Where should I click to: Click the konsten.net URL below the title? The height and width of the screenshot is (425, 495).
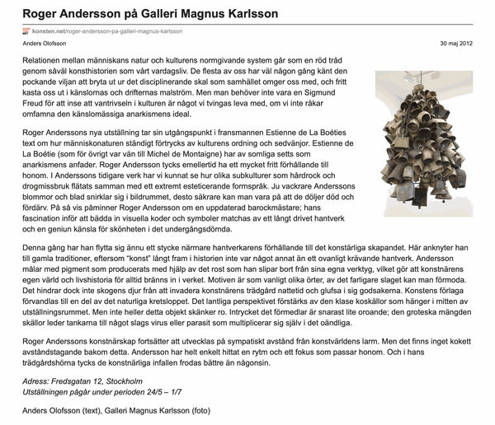tap(105, 31)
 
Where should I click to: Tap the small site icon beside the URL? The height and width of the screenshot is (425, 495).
tap(25, 31)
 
